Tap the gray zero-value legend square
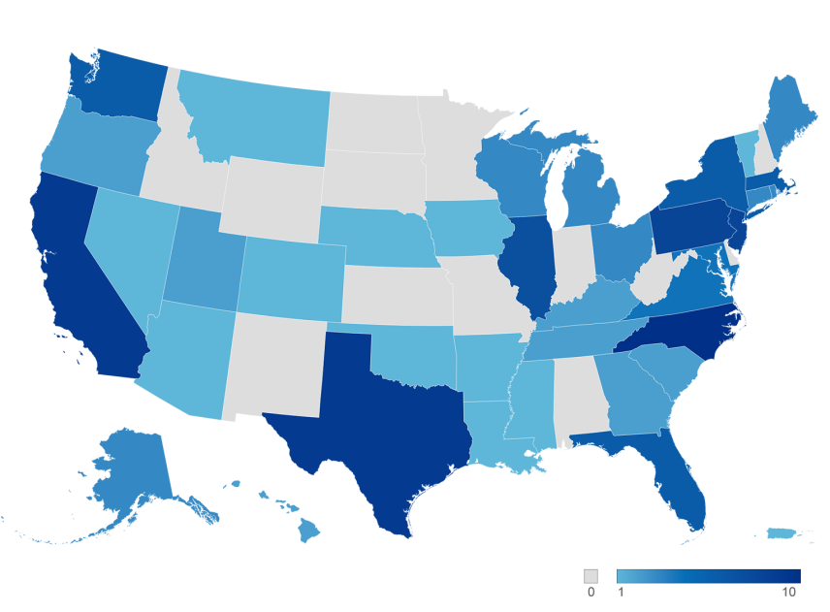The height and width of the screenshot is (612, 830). point(591,575)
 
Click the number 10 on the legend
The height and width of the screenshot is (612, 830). point(788,593)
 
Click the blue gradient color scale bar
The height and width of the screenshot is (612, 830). point(708,575)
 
